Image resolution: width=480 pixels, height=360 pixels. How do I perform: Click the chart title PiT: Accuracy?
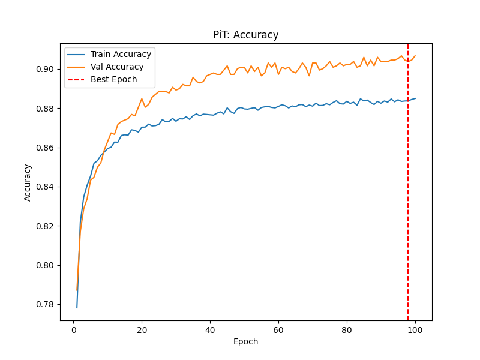(x=245, y=35)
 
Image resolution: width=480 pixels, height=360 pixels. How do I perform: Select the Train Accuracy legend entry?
(x=121, y=54)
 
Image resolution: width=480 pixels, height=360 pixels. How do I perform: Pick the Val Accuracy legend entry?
(x=117, y=67)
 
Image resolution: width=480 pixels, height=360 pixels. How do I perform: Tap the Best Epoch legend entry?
(x=113, y=79)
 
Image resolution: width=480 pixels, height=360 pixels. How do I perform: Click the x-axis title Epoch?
(x=245, y=342)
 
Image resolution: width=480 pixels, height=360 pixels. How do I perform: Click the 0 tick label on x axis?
(x=74, y=329)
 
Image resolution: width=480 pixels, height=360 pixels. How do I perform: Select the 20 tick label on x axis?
(x=142, y=329)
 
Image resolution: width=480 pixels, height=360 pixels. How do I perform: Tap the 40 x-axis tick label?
(x=210, y=329)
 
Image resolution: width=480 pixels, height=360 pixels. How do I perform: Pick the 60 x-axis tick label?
(x=278, y=329)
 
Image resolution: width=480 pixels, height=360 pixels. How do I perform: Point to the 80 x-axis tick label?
(x=346, y=329)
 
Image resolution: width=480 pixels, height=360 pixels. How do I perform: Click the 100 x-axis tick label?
(x=415, y=329)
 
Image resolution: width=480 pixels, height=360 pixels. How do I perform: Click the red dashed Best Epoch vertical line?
(x=408, y=180)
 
